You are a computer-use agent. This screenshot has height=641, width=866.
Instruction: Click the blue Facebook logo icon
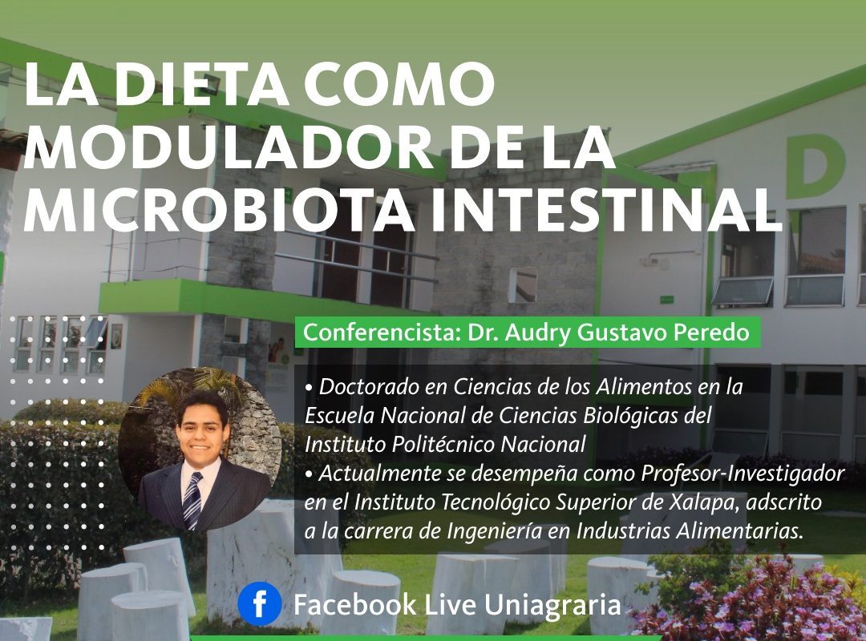(x=259, y=605)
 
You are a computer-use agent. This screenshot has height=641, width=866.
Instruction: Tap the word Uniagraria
(x=552, y=605)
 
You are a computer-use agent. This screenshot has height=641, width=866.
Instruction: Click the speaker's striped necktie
(x=192, y=501)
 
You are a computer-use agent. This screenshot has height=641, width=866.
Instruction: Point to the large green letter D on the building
(x=815, y=166)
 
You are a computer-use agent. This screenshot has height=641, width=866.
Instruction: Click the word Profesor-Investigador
(x=743, y=474)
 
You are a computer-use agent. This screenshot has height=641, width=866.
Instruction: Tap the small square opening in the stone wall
(x=523, y=285)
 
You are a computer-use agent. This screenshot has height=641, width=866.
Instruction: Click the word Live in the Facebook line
(x=450, y=605)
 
